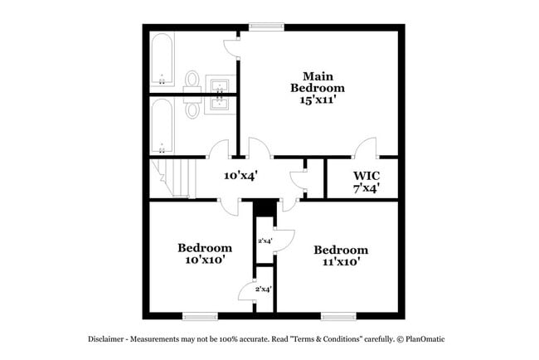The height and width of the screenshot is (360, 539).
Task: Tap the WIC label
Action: pos(367,176)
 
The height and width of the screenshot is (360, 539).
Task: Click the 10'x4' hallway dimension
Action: pos(241,176)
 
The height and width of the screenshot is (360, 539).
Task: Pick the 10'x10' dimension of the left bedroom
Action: pos(203,260)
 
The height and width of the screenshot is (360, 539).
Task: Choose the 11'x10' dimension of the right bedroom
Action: pos(340,261)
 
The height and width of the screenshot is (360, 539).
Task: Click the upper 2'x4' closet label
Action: pos(265,241)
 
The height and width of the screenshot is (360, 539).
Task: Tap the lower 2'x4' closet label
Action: pos(264,289)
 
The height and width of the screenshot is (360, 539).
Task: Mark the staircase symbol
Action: pos(174,178)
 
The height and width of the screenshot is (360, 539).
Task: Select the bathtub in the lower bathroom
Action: pos(162,126)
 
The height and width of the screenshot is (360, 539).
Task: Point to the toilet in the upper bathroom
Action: pos(192,80)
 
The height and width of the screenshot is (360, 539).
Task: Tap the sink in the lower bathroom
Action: pos(220,105)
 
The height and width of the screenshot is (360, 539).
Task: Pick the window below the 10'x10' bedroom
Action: pos(200,315)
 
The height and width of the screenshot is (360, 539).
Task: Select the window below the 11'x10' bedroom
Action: pos(338,315)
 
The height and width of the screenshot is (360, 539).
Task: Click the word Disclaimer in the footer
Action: pos(109,340)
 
